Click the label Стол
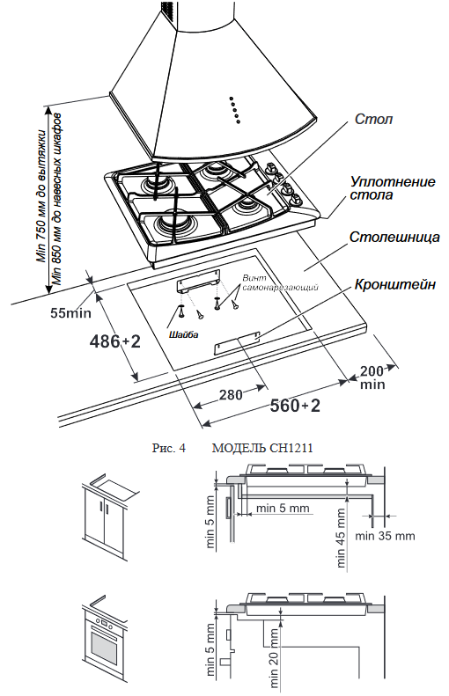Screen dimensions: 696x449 point(374,118)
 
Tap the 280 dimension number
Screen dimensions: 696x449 point(230,394)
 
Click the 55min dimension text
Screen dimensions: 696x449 point(71,311)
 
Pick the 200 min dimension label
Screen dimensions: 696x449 point(372,377)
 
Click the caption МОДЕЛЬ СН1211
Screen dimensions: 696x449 point(263,447)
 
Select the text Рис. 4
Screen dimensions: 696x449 point(169,447)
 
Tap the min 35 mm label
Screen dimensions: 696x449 point(385,535)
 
